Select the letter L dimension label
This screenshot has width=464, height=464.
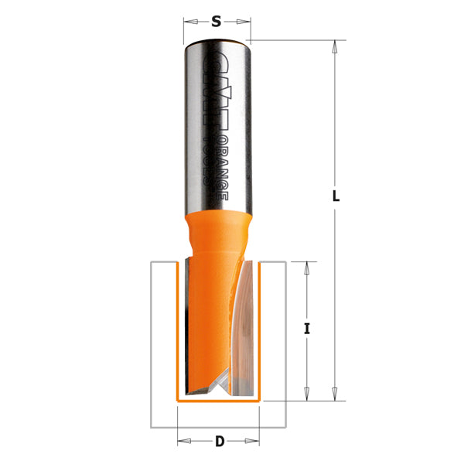(x=336, y=196)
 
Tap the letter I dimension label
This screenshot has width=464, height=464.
(x=307, y=329)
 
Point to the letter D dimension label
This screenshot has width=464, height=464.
(x=220, y=442)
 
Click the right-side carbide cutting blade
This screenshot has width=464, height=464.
(x=244, y=325)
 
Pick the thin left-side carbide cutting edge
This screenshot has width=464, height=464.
(x=185, y=325)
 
